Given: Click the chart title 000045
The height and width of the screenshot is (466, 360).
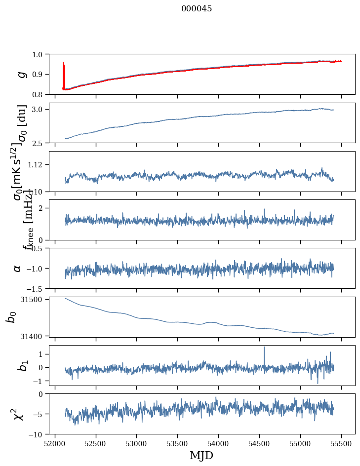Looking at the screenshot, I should (x=197, y=9).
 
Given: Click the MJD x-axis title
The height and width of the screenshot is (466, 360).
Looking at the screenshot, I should (x=201, y=456).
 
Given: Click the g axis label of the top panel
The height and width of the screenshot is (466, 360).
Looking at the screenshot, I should (x=21, y=74).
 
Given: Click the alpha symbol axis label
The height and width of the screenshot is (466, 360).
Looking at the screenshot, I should (x=17, y=268).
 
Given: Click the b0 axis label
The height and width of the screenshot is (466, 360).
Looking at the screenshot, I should (x=11, y=317).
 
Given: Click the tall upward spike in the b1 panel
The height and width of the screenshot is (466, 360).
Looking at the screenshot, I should (x=264, y=349).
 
